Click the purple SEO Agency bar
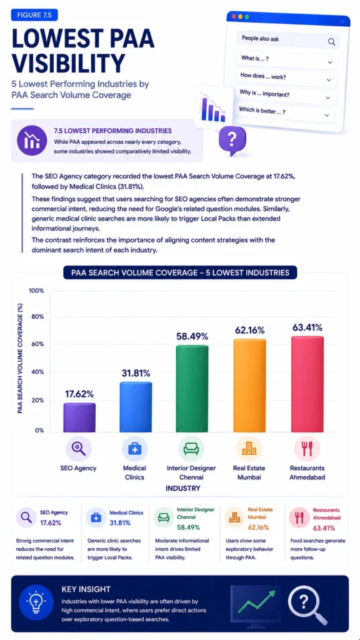(x=79, y=417)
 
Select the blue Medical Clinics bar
(x=136, y=407)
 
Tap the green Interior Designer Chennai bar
(x=192, y=389)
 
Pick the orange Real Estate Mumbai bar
(x=250, y=385)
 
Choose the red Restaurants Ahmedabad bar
(x=307, y=384)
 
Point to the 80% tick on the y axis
(x=36, y=317)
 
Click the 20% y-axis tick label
(x=36, y=401)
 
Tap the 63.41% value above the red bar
(x=307, y=327)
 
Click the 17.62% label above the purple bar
(x=79, y=394)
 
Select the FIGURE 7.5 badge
(x=34, y=15)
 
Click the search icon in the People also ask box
(x=331, y=42)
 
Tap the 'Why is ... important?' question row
(x=285, y=95)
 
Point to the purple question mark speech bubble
(x=232, y=139)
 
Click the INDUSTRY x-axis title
(x=182, y=487)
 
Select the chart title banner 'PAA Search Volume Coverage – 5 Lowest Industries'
(x=180, y=272)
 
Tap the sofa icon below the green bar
(x=191, y=448)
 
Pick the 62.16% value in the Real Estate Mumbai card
(x=258, y=527)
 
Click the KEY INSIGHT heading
(x=86, y=589)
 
